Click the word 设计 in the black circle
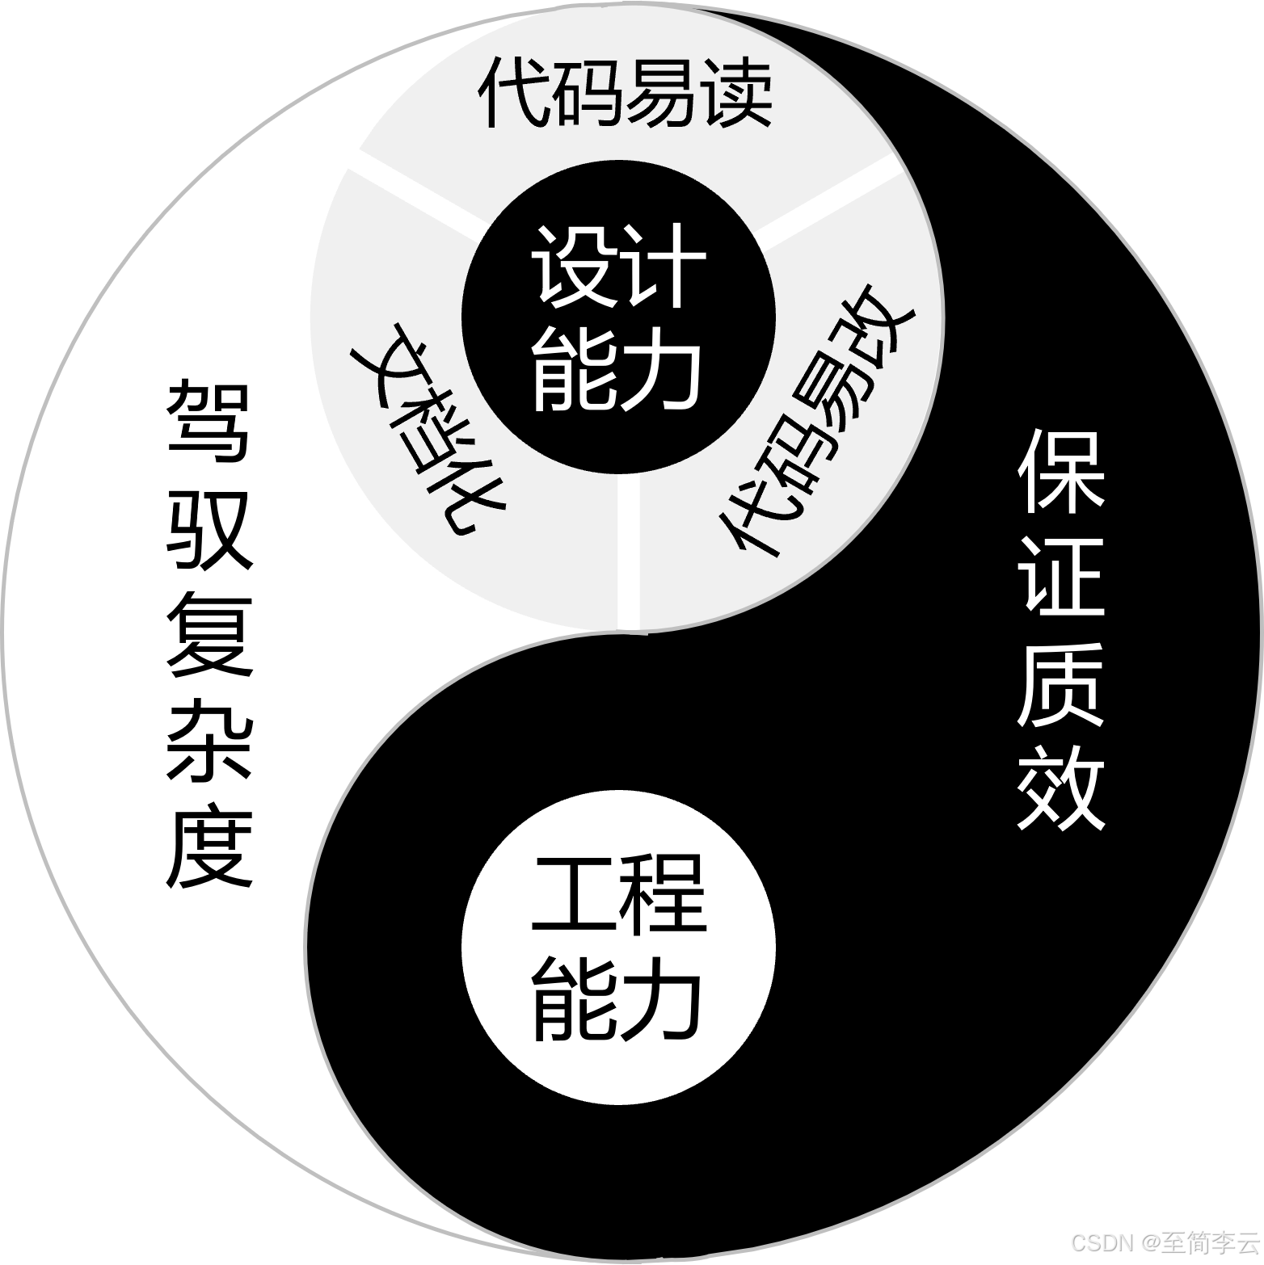pos(618,266)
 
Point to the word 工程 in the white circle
pos(618,897)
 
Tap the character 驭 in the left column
pos(209,529)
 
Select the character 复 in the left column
pos(209,634)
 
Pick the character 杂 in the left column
pos(209,739)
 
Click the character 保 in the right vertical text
pos(1060,472)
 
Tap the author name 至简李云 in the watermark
pos(1210,1241)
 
